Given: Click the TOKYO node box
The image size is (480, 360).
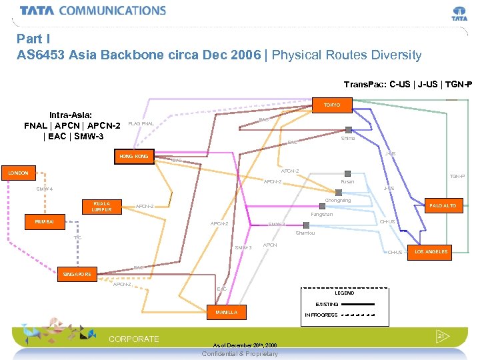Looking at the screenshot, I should (332, 105).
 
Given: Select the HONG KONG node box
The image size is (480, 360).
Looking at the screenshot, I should (134, 156).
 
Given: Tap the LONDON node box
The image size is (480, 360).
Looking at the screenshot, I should (18, 173).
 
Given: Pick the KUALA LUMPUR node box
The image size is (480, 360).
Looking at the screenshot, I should (102, 207).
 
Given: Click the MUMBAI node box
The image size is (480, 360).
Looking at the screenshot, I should (45, 221).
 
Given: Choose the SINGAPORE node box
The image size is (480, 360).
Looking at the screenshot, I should (78, 274).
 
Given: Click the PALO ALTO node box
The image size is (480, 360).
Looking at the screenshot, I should (443, 206).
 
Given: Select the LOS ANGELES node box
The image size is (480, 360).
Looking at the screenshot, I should (431, 251).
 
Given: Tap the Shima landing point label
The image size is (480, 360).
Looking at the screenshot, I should (348, 138).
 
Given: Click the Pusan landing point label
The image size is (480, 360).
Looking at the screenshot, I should (347, 181).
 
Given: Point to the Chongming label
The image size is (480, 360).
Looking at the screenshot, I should (337, 201).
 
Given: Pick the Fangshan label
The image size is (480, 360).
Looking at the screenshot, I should (322, 215).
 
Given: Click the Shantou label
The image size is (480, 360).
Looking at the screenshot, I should (305, 233).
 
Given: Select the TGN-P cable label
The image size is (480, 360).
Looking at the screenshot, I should (457, 177).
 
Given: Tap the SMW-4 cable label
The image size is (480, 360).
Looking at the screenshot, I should (45, 189).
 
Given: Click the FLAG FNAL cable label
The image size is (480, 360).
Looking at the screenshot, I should (141, 123).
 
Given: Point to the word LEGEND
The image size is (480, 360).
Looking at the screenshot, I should (345, 293).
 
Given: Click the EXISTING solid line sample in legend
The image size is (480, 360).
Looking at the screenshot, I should (358, 305).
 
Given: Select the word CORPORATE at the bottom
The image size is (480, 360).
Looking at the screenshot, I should (134, 339).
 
